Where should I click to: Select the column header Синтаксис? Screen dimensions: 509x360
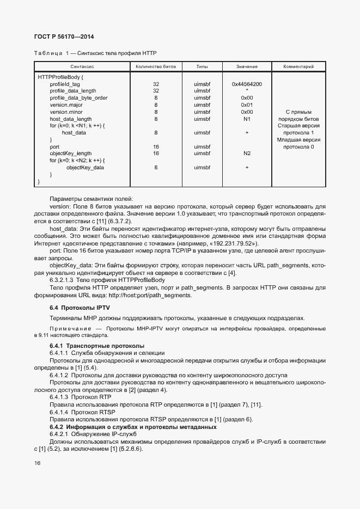point(82,66)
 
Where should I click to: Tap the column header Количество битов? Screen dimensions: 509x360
point(156,66)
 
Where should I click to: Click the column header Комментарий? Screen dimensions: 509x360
point(298,66)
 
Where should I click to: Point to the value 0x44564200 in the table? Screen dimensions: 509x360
point(247,84)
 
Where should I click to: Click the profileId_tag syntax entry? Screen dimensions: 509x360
point(65,84)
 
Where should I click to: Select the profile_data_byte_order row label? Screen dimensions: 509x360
point(78,98)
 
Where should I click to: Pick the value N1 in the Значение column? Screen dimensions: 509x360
point(247,119)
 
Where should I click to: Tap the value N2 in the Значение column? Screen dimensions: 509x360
point(247,154)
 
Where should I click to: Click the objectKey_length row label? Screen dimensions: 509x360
point(71,154)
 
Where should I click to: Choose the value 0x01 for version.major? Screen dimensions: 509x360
point(247,105)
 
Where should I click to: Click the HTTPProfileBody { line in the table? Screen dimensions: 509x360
point(60,77)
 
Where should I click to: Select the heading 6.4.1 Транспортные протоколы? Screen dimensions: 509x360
point(96,346)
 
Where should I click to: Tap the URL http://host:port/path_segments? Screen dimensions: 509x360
point(150,295)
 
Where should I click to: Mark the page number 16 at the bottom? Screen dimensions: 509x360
point(37,463)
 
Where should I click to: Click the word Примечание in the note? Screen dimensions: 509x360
point(69,329)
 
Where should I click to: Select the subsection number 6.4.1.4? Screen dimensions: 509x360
point(59,412)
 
